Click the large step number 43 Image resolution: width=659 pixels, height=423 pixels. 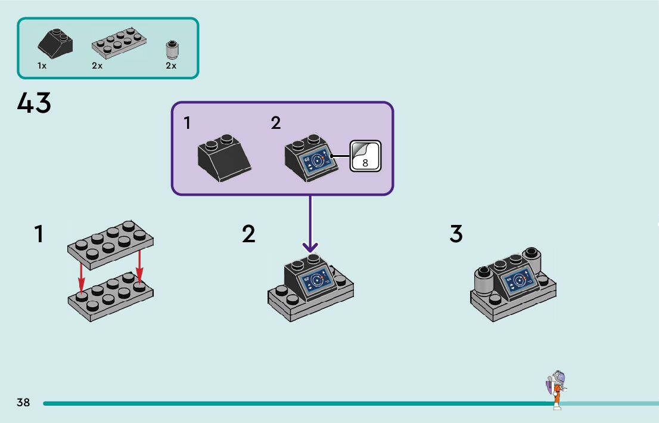[34, 103]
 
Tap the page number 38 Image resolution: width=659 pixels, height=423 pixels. [24, 402]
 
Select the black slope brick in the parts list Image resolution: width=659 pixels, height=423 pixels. [55, 44]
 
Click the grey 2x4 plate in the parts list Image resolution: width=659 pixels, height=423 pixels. [119, 42]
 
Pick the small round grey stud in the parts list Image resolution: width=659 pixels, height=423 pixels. [172, 50]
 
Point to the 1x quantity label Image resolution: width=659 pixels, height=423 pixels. [42, 66]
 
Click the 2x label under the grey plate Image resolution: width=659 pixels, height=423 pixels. [97, 66]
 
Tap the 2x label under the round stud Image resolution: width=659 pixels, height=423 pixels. [171, 66]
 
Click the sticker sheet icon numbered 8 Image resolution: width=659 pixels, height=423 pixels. [365, 156]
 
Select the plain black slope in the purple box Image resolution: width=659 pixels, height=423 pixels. [224, 158]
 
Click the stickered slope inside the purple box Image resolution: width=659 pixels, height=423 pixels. [311, 158]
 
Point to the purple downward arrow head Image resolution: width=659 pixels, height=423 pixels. [310, 247]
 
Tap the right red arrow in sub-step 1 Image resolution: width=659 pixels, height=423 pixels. [139, 265]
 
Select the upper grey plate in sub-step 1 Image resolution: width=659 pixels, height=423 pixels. [111, 245]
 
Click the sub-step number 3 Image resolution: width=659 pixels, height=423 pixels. [456, 234]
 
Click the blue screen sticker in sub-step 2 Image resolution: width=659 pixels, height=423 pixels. [316, 281]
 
